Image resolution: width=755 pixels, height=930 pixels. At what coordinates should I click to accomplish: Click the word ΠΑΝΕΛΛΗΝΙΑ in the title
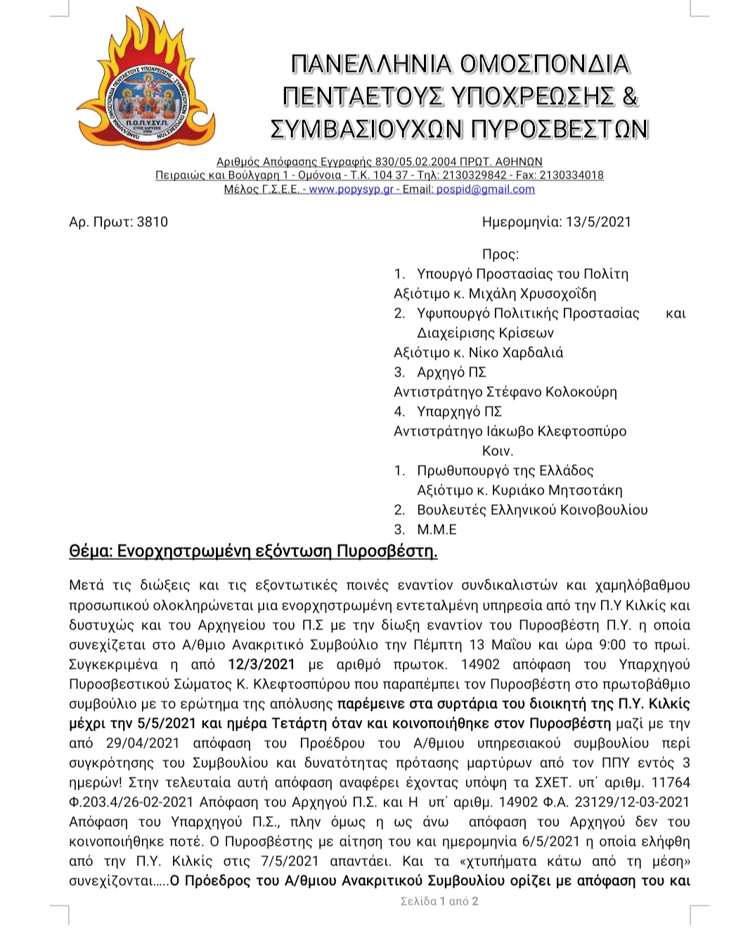(x=370, y=64)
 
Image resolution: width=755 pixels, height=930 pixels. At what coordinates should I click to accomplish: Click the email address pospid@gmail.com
(x=485, y=189)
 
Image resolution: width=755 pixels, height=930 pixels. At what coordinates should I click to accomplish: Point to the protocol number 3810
(x=153, y=222)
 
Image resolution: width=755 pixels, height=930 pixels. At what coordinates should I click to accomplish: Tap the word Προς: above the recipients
(x=501, y=254)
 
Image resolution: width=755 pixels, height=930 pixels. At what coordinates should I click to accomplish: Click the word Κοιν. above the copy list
(x=498, y=451)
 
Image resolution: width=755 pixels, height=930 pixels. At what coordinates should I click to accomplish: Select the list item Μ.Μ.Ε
(x=437, y=530)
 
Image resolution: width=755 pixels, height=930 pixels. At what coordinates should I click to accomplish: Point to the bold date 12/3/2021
(x=262, y=664)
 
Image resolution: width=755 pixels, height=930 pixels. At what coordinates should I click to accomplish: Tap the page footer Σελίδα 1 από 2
(x=439, y=901)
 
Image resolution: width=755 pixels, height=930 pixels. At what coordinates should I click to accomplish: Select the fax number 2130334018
(x=571, y=175)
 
